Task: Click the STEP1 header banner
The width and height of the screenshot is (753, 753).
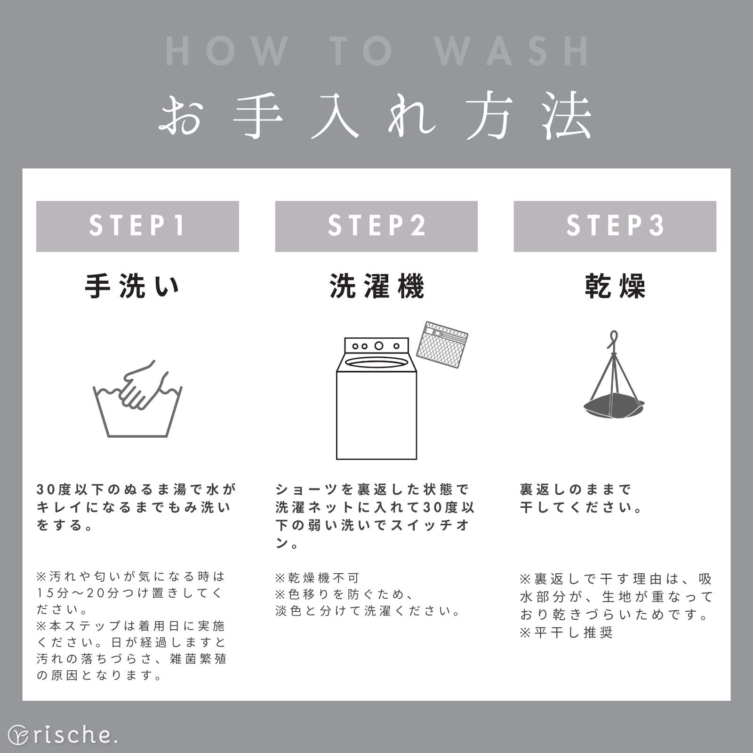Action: point(137,226)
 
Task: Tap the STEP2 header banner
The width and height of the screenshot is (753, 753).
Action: point(376,226)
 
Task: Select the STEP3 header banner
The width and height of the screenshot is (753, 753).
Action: point(615,226)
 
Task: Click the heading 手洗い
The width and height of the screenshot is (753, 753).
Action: point(132,286)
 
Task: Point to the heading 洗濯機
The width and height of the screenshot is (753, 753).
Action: point(376,286)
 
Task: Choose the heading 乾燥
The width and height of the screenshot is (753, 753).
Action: point(615,286)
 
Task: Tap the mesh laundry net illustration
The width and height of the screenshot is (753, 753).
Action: point(442,344)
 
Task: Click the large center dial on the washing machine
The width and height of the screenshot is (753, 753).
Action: point(379,346)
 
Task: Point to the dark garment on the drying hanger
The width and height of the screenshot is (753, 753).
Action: point(613,406)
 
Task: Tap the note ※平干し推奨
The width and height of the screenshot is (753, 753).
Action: point(566,632)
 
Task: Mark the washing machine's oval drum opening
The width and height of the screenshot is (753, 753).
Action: point(376,362)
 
